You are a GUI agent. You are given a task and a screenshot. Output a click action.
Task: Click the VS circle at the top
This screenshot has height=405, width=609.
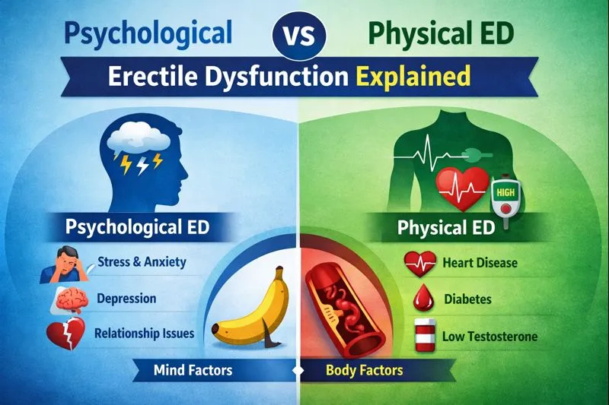point(299,35)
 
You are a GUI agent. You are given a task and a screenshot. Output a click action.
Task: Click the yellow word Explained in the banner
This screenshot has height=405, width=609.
point(413,76)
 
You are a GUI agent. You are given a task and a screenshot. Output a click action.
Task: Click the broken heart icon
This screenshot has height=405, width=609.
point(65,334)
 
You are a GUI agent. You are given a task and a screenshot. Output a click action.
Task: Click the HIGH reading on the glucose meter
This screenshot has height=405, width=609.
point(505,192)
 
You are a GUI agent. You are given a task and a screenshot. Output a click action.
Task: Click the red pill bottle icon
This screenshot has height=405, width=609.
point(425,334)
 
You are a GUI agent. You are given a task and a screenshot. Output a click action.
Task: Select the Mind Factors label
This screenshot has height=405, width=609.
point(193,370)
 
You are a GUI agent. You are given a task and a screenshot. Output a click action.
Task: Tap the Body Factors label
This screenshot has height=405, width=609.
point(365,370)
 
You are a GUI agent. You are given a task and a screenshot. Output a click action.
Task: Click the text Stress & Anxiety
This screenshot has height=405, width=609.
point(142,262)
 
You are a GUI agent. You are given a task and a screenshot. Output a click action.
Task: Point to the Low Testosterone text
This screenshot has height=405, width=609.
point(489,336)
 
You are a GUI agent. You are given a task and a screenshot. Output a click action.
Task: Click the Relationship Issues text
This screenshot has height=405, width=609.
point(145,334)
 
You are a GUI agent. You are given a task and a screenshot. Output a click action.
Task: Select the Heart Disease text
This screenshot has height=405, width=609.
point(480,263)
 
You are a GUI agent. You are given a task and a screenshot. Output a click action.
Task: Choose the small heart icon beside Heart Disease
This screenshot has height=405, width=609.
point(419,264)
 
